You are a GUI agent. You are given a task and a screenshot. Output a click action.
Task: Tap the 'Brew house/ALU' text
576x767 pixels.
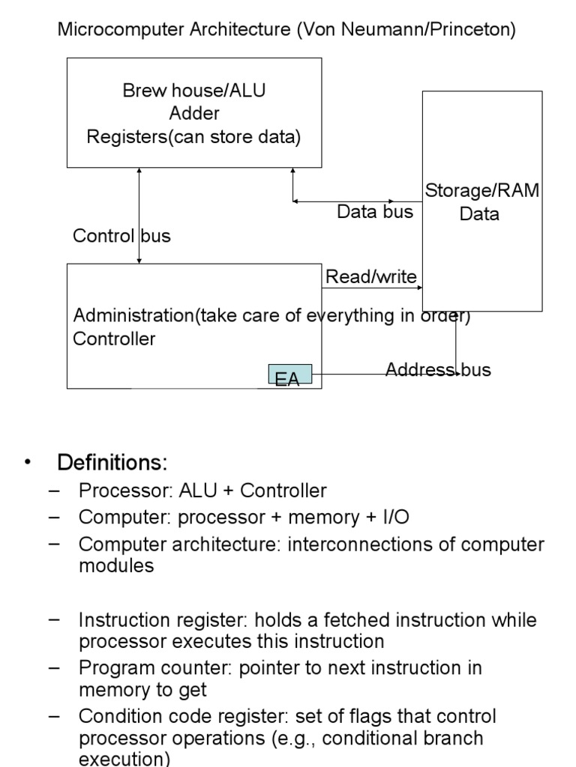pos(194,91)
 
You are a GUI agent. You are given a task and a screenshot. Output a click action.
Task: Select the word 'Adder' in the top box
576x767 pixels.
pos(194,114)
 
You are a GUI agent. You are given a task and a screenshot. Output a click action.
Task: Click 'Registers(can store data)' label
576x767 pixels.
pos(194,137)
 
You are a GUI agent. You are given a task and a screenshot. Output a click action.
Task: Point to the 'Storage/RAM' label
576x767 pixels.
pos(482,190)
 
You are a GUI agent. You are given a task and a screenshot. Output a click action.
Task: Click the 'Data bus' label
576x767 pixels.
pos(375,212)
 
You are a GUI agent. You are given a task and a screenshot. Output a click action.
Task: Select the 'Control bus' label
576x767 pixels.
pos(121,236)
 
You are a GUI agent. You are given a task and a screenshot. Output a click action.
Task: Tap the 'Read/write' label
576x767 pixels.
pos(370,277)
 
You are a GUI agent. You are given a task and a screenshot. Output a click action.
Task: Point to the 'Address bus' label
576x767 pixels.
pos(438,370)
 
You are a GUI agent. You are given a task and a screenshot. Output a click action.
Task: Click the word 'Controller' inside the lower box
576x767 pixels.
pos(114,339)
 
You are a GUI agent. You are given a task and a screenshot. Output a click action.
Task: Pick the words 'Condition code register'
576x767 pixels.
pos(173,716)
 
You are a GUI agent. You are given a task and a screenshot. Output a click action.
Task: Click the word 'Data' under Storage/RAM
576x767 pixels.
pos(479,214)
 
